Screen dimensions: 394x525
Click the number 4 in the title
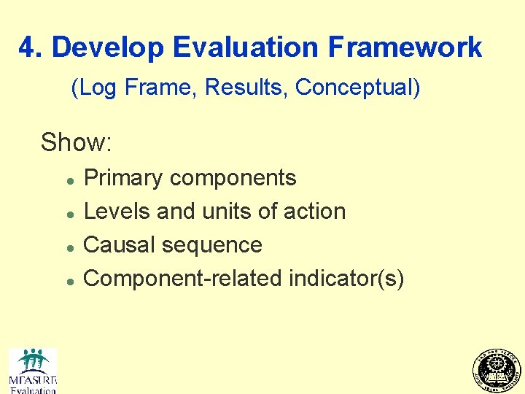28,47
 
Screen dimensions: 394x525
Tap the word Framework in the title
405,47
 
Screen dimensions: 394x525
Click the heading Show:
76,142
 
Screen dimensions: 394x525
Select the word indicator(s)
346,278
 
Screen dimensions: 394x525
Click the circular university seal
497,370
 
